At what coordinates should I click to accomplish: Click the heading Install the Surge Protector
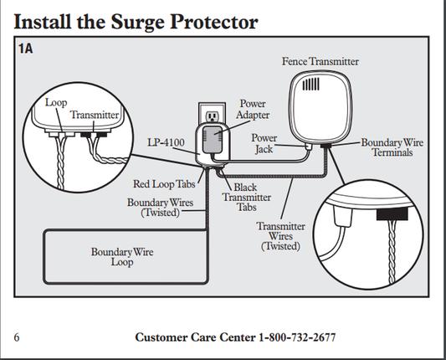click(136, 23)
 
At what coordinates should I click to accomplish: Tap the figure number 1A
click(26, 49)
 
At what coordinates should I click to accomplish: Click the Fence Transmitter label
click(320, 61)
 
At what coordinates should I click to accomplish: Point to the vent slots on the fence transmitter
click(310, 85)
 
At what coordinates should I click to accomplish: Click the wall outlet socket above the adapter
click(212, 116)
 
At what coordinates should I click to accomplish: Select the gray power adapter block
click(213, 140)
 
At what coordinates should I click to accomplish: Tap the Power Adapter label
click(253, 110)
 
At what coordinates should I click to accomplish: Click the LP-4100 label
click(166, 142)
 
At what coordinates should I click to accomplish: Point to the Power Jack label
click(264, 143)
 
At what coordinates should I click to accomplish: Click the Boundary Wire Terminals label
click(392, 147)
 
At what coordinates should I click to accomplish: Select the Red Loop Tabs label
click(164, 184)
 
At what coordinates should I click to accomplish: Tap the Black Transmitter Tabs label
click(247, 197)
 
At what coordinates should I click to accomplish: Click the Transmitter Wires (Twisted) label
click(281, 236)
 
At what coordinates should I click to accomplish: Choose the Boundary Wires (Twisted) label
click(160, 207)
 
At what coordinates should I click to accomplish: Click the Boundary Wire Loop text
click(122, 257)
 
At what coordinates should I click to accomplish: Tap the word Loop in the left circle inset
click(56, 103)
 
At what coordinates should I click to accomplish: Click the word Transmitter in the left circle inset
click(95, 115)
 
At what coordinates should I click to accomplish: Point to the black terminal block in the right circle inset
click(392, 214)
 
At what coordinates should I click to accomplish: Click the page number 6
click(17, 337)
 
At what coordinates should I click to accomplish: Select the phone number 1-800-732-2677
click(297, 337)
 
